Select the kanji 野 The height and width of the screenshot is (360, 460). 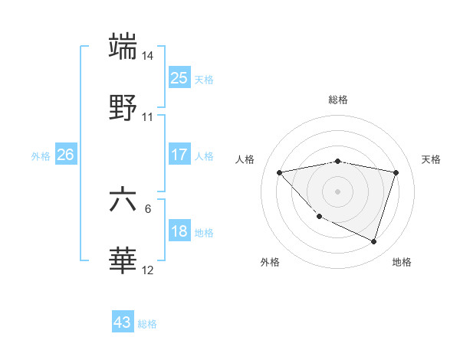tap(123, 107)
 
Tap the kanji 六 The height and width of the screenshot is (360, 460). tap(123, 199)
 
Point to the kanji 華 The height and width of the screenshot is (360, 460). tap(123, 260)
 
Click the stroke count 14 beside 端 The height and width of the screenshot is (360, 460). tap(149, 55)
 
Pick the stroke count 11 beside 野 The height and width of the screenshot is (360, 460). tap(148, 117)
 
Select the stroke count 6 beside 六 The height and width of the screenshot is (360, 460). tap(148, 208)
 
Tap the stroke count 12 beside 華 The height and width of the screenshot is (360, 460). tap(148, 270)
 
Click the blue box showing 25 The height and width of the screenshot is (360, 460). tap(179, 78)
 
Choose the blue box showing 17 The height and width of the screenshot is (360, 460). tap(179, 155)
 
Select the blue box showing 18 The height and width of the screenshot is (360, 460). tap(179, 231)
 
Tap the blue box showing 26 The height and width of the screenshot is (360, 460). tap(66, 155)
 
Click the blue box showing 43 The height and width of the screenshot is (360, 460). tap(123, 322)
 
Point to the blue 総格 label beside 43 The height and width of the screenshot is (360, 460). tap(148, 324)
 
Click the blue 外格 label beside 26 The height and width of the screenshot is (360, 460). tap(41, 156)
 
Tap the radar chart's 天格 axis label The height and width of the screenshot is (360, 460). tap(432, 159)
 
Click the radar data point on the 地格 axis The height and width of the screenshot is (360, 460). tap(374, 242)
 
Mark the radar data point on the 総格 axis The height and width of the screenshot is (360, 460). tap(338, 161)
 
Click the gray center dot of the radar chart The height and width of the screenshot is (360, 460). tap(338, 191)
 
